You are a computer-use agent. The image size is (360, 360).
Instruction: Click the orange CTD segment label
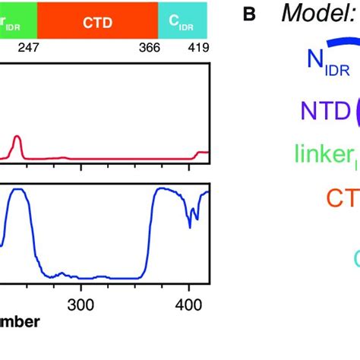click(x=97, y=22)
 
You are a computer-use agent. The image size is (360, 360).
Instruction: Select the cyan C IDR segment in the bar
click(x=183, y=21)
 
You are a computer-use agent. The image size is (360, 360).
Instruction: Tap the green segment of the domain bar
click(x=17, y=21)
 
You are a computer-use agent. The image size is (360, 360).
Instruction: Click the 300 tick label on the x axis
click(x=81, y=305)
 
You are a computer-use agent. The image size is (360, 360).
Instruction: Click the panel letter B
click(x=248, y=14)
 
